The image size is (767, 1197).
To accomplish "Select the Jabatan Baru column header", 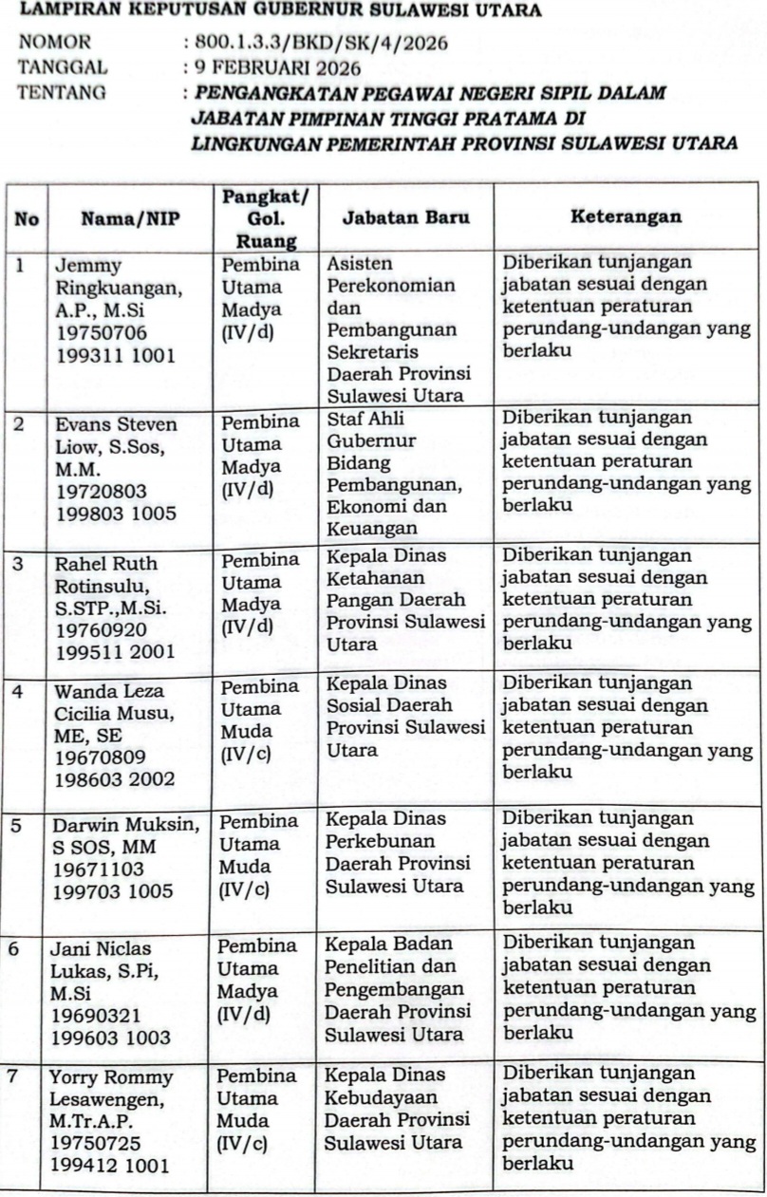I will coord(405,218).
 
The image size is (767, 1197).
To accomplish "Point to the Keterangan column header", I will coord(626,216).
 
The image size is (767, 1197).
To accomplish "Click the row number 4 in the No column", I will coord(18,691).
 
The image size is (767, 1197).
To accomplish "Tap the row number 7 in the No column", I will coord(18,1077).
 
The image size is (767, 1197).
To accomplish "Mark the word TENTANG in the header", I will coord(63,93).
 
